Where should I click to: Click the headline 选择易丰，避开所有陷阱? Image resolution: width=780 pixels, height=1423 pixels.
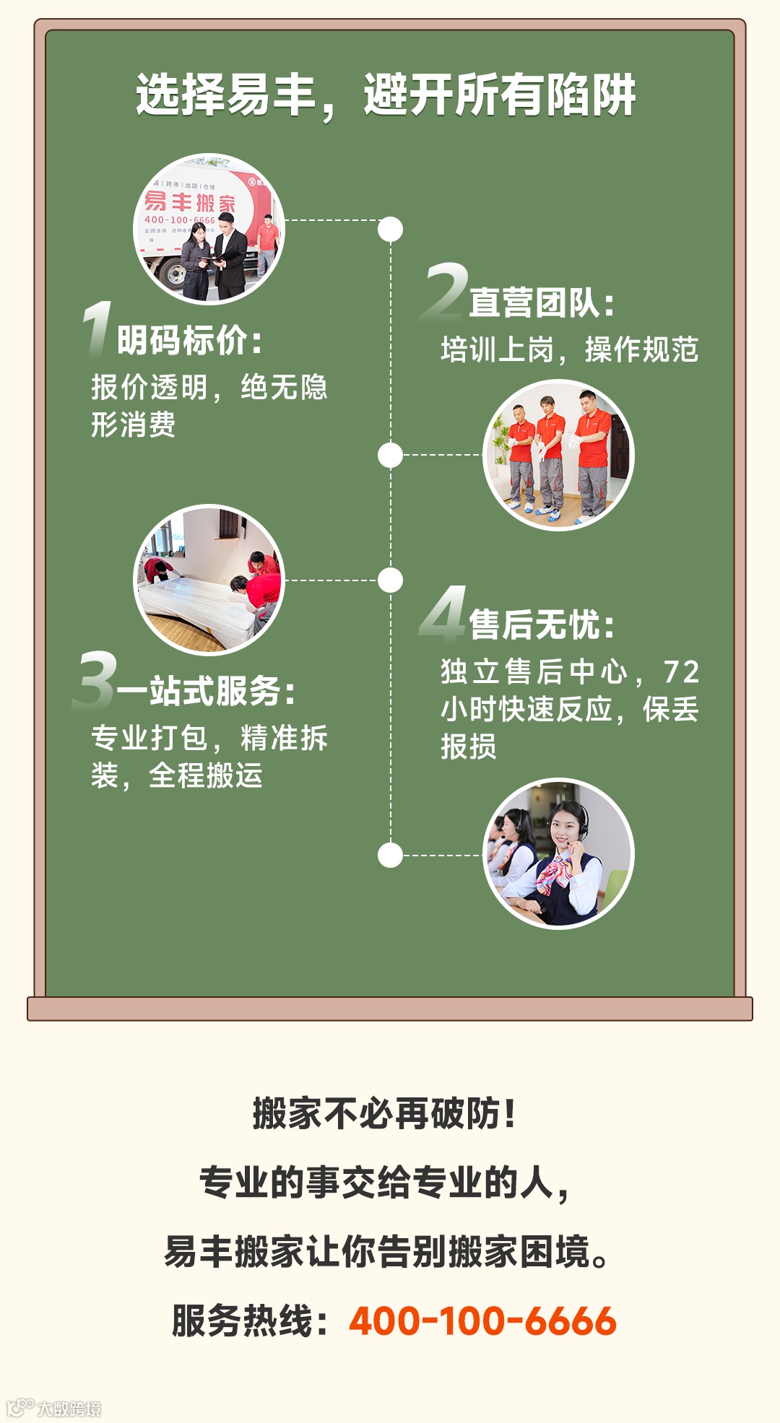coord(386,95)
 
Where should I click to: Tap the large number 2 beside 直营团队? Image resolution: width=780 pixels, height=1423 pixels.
coord(445,292)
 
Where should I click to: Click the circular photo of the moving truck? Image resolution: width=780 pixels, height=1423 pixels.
coord(209,229)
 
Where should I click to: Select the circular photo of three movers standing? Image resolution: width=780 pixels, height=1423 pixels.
coord(558,455)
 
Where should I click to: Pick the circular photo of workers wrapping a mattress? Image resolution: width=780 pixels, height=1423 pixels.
coord(209,580)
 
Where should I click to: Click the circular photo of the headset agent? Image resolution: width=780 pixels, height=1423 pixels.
coord(558,853)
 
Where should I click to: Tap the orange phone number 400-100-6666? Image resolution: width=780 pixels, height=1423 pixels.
coord(482,1321)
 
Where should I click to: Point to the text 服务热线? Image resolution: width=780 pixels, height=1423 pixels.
coord(250,1321)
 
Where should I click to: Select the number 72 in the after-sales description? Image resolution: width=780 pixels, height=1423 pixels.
coord(681,672)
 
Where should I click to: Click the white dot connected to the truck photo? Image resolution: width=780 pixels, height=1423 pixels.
coord(390,230)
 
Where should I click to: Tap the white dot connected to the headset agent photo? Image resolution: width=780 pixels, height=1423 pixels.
coord(390,856)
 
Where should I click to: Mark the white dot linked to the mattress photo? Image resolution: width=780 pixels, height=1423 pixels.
coord(390,580)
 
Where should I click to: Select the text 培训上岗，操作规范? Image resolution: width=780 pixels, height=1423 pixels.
coord(569,350)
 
